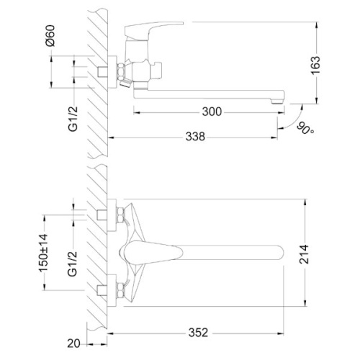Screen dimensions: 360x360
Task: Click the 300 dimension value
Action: (212, 112)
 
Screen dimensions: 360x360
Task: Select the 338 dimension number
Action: (195, 137)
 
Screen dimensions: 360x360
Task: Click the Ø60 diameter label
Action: (50, 35)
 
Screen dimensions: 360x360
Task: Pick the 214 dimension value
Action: (305, 254)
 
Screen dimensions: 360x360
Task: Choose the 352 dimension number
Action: (198, 333)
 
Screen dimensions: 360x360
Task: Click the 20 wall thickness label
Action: (73, 343)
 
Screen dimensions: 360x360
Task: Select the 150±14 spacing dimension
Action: (44, 253)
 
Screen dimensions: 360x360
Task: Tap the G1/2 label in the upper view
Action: (73, 119)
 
